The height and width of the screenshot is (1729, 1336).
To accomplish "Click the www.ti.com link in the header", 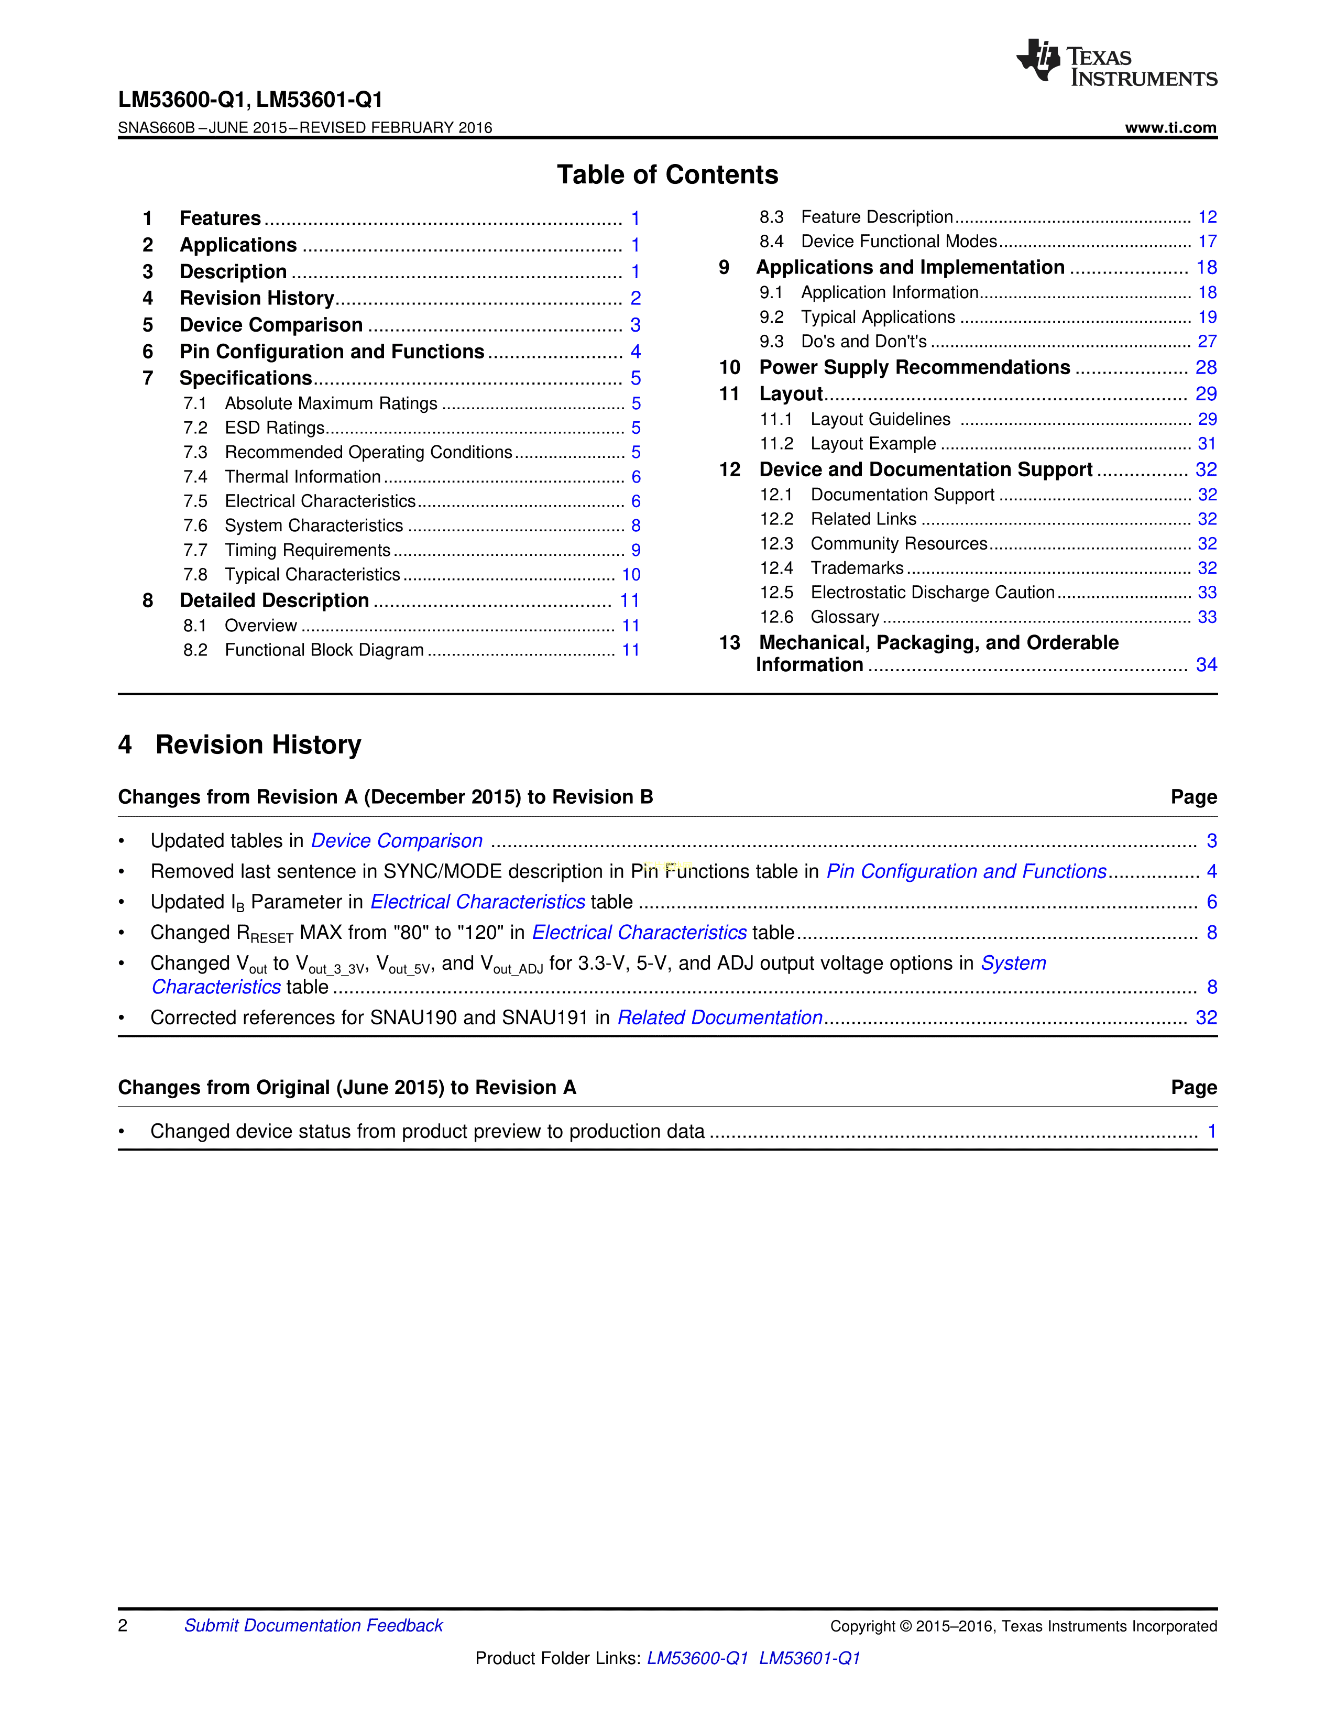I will pos(1170,127).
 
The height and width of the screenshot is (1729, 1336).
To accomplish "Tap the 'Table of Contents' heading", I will pos(667,174).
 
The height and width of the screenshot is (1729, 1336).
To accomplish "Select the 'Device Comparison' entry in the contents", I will pos(271,325).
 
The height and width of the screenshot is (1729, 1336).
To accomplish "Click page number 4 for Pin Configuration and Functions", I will pos(636,352).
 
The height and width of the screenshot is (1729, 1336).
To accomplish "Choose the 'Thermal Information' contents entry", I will pos(302,477).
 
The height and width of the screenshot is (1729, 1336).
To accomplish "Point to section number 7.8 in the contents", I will pos(195,575).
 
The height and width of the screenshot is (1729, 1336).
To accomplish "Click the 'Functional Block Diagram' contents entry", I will pos(324,650).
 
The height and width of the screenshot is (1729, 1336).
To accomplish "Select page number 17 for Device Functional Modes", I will pos(1206,242).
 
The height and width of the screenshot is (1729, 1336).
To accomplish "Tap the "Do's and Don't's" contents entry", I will pos(863,341).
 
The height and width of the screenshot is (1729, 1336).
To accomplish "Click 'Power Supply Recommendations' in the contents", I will pos(914,367).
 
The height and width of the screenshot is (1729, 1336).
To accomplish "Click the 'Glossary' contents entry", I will pos(845,617).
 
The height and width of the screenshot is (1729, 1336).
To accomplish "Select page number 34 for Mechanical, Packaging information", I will pos(1206,665).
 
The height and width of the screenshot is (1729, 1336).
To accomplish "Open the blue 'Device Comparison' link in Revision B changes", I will pos(397,841).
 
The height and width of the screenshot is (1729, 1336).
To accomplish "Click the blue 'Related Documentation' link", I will pos(719,1017).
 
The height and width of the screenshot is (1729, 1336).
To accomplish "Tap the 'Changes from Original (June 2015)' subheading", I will pos(347,1087).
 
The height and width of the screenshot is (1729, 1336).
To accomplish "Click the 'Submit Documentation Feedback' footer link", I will pos(313,1625).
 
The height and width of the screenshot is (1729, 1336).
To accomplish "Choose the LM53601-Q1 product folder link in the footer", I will pos(809,1658).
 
